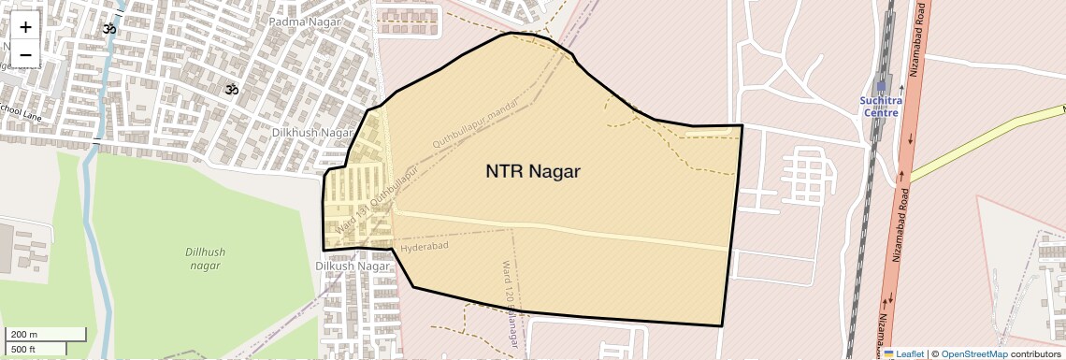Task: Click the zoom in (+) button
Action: click(25, 27)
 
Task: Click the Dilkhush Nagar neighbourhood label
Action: click(312, 133)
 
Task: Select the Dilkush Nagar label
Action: click(352, 266)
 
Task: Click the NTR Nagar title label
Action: click(533, 172)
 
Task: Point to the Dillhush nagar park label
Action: click(204, 259)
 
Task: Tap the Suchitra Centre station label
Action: click(879, 107)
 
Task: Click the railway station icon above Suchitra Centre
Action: click(881, 86)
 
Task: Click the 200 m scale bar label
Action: click(24, 335)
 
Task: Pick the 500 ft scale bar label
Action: click(23, 350)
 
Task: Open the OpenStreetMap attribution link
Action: click(974, 354)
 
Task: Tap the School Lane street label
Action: click(21, 112)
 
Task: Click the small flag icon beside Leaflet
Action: click(889, 354)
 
